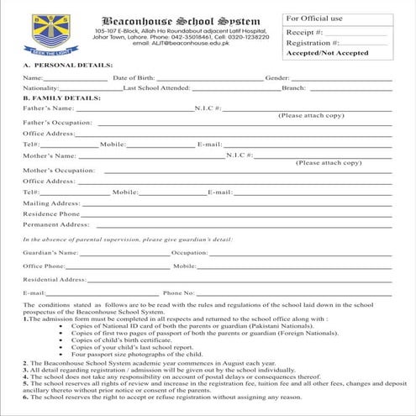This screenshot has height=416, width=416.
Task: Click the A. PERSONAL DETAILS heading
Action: coord(57,65)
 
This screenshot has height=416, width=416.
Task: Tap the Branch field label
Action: coord(293,87)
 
